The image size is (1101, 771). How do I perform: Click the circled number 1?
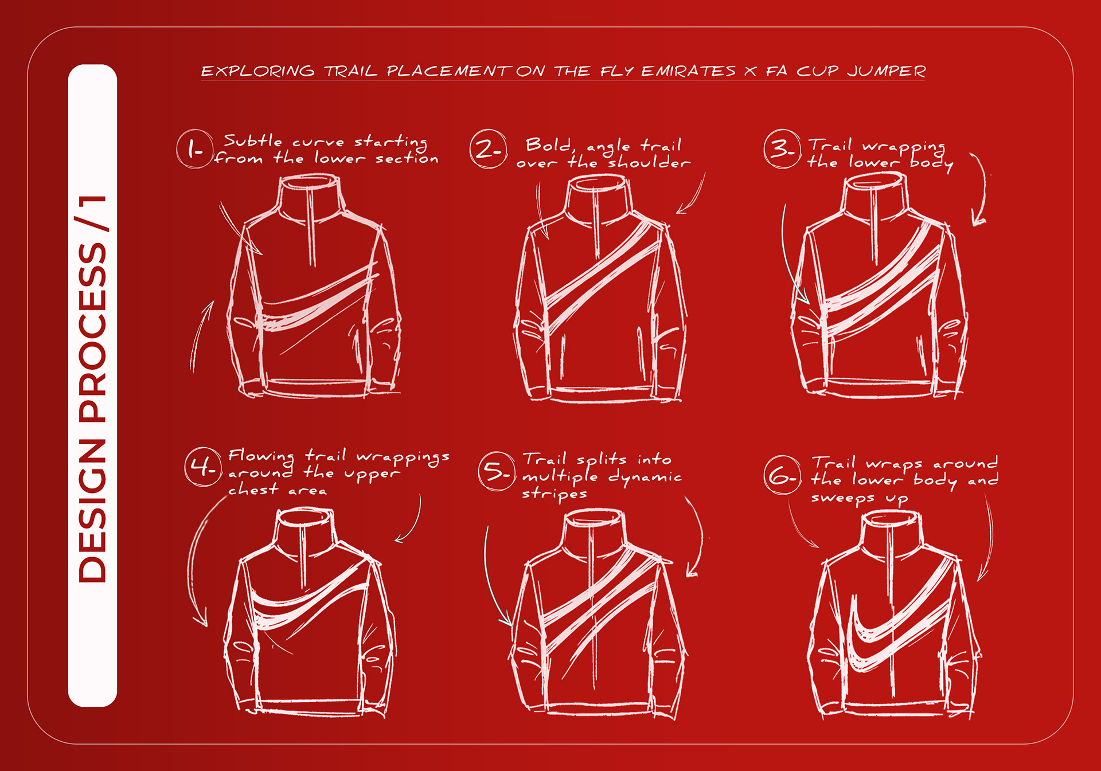click(195, 149)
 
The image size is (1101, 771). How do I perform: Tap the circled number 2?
click(488, 149)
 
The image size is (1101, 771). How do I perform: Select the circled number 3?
click(782, 149)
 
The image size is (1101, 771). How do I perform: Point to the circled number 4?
click(203, 467)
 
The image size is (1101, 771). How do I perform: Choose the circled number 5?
click(497, 471)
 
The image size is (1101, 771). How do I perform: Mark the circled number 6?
click(782, 475)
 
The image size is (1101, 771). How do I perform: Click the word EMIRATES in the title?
click(688, 71)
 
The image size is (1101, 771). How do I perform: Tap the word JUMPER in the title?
click(887, 71)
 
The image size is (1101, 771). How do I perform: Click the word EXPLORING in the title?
click(258, 71)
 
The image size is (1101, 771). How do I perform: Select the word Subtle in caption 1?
click(253, 140)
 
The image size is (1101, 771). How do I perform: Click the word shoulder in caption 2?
click(649, 163)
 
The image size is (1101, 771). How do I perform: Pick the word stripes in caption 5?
click(555, 494)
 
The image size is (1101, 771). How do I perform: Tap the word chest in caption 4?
click(253, 490)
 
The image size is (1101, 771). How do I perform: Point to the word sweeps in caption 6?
click(843, 498)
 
